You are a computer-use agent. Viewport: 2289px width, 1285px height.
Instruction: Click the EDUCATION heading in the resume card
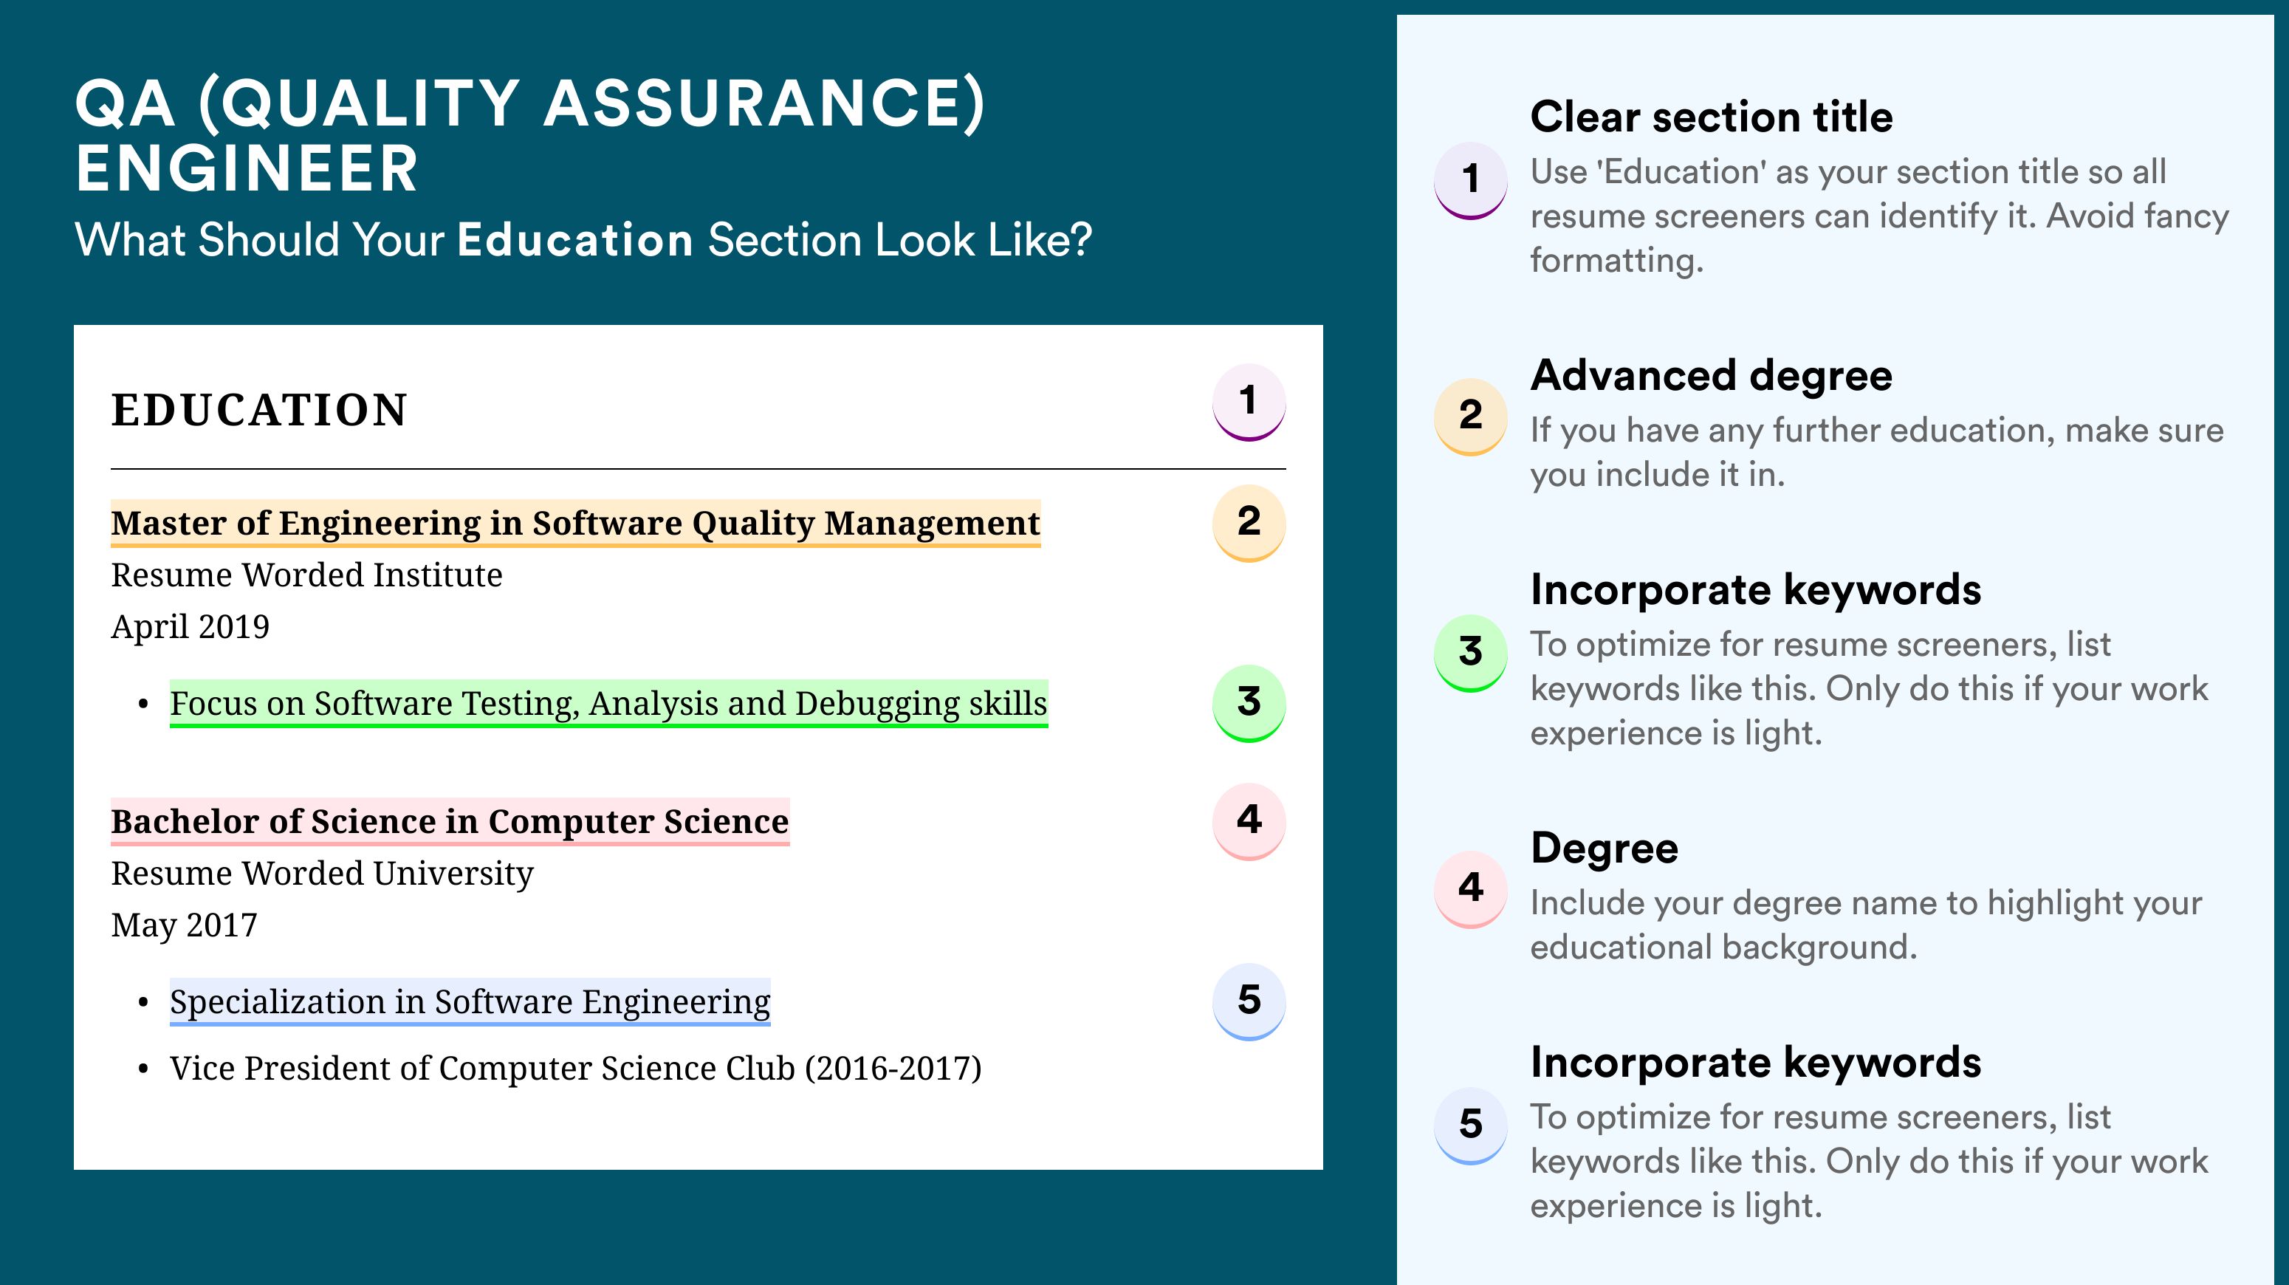coord(258,410)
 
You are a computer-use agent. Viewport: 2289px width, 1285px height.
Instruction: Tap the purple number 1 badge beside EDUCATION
coord(1249,402)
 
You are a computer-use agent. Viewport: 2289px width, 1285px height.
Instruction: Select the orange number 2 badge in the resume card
coord(1249,523)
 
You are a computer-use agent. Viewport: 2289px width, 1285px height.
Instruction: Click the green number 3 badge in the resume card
coord(1249,703)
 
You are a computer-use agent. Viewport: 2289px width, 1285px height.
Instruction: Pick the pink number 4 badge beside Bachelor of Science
coord(1249,821)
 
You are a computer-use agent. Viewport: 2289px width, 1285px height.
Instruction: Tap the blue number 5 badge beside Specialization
coord(1249,1001)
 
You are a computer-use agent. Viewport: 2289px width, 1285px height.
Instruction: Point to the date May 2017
coord(184,926)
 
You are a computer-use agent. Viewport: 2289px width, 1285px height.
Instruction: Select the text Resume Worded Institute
coord(306,575)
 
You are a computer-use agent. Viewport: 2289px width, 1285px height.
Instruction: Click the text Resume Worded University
coord(323,874)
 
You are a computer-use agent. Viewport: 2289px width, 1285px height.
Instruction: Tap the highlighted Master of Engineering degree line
coord(576,524)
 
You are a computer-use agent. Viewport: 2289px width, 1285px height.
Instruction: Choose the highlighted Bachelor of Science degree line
coord(450,822)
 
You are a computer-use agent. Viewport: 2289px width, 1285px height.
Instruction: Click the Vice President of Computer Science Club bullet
coord(576,1068)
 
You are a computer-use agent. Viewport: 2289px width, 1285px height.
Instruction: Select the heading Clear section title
coord(1712,117)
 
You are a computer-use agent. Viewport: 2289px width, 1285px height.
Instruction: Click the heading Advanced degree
coord(1712,376)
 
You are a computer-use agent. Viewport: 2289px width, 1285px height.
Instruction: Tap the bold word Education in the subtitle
coord(575,240)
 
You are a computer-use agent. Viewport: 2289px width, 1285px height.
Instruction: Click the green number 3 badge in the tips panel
coord(1471,653)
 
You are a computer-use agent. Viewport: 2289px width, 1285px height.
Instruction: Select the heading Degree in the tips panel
coord(1605,849)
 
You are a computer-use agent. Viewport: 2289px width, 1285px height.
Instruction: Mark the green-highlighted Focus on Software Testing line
coord(608,704)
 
